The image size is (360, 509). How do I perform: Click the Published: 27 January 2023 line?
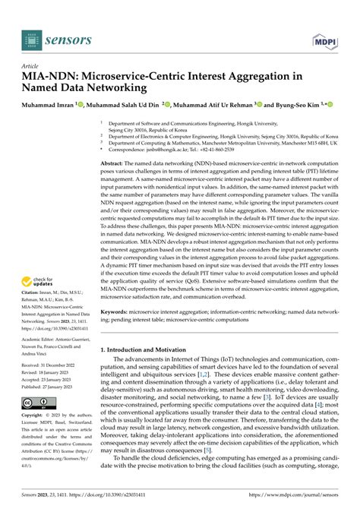coord(52,386)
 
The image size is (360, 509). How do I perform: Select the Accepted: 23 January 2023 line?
coord(51,379)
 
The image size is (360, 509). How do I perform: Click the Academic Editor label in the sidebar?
coord(43,340)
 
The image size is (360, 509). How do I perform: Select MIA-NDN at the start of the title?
coord(49,77)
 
